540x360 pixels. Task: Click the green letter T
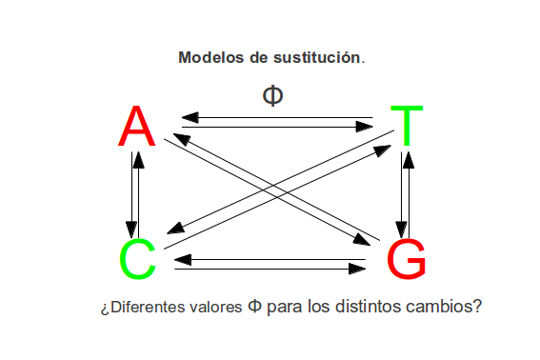click(407, 125)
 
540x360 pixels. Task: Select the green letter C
click(137, 259)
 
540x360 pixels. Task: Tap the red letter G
click(407, 259)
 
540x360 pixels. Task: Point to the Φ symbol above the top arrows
click(272, 95)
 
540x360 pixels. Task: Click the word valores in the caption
click(213, 308)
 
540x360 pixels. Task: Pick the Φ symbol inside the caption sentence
click(254, 308)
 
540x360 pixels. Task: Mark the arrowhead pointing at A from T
click(189, 118)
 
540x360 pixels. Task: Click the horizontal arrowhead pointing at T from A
click(363, 126)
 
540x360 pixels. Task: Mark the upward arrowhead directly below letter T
click(408, 159)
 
